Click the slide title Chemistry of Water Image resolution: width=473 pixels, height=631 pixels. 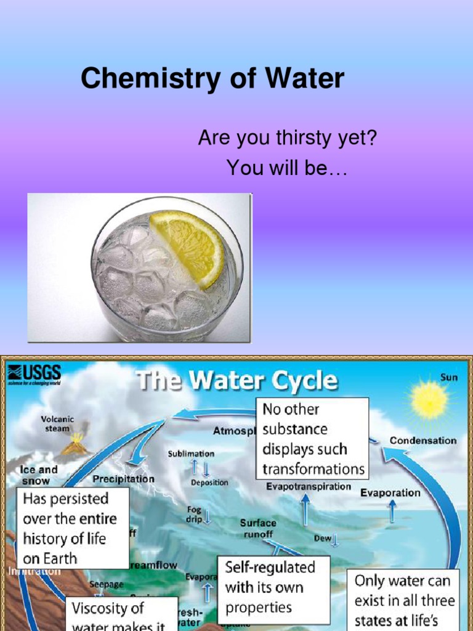click(x=212, y=79)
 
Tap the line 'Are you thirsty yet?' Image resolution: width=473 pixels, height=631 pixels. click(x=287, y=139)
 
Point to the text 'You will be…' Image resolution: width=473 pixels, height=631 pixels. click(x=287, y=167)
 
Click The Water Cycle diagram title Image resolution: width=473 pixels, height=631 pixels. click(x=237, y=380)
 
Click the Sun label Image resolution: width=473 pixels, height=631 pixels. click(x=449, y=377)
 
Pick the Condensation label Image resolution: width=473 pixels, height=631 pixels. click(x=423, y=441)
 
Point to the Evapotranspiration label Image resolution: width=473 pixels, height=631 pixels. click(x=309, y=487)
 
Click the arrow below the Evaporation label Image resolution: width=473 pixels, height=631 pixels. click(x=392, y=511)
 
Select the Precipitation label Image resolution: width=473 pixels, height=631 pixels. click(x=124, y=478)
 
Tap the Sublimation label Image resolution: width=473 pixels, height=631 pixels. click(x=192, y=454)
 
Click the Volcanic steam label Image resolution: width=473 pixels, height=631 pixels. click(x=57, y=424)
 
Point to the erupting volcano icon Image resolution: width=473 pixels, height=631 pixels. click(x=76, y=444)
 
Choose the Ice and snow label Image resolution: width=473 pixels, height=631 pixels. click(x=39, y=474)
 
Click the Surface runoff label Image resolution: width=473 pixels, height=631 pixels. click(x=258, y=529)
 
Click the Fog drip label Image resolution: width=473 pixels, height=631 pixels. click(x=195, y=515)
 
